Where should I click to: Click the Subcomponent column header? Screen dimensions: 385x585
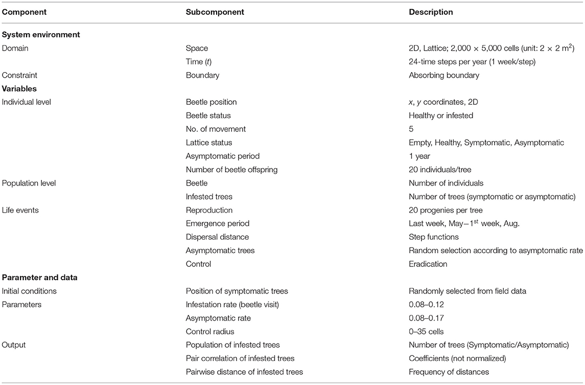(215, 12)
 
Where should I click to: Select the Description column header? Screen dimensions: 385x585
(431, 12)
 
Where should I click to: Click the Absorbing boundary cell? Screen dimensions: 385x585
(444, 75)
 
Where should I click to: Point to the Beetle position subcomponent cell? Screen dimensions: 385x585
(211, 102)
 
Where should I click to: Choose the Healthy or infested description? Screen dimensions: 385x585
(441, 116)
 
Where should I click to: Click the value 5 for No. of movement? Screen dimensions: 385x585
(411, 129)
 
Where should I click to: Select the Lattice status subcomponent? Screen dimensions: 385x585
(210, 143)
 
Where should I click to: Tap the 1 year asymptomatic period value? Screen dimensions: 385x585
(422, 156)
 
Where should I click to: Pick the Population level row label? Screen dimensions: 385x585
(29, 183)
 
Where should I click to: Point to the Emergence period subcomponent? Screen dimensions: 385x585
(217, 223)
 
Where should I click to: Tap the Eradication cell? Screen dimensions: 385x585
(428, 264)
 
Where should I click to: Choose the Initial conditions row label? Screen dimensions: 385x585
(29, 291)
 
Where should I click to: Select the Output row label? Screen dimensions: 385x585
(14, 345)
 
